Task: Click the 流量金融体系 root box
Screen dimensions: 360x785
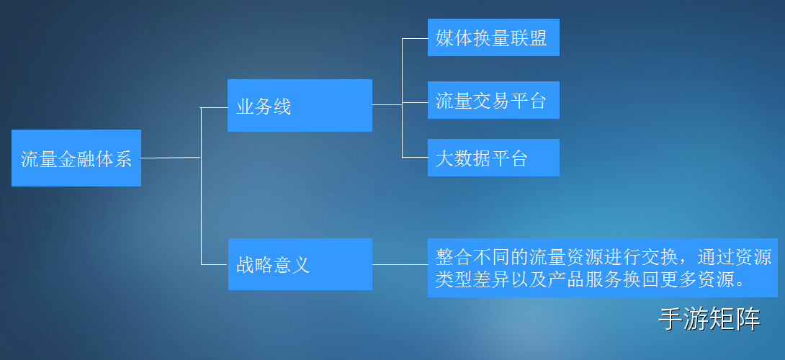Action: [76, 158]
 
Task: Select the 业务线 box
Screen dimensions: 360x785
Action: [300, 105]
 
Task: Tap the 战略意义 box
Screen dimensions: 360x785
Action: [300, 264]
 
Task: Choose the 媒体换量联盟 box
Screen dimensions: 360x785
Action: [493, 37]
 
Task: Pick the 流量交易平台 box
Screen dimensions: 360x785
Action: [493, 101]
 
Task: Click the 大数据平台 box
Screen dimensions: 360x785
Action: [493, 158]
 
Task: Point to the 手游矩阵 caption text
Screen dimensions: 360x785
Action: [709, 319]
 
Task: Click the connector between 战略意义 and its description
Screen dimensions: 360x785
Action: [400, 264]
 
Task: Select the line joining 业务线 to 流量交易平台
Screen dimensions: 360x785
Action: [400, 104]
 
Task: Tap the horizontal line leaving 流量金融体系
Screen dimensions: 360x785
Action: [170, 158]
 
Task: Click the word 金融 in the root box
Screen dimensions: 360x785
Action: [76, 159]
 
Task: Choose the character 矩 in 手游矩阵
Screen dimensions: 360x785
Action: [722, 319]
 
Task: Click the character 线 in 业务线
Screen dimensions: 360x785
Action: [282, 107]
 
